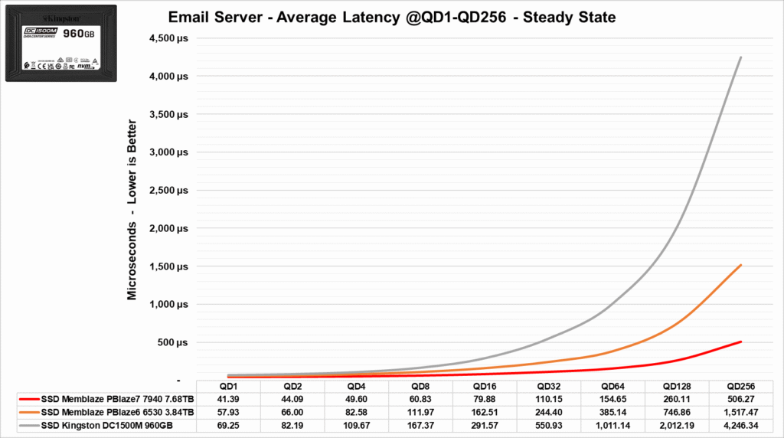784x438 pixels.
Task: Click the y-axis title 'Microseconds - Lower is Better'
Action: pos(132,209)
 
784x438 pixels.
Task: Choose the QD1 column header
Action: pos(228,387)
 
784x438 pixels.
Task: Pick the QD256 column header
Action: pos(740,387)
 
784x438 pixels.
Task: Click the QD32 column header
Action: pos(548,387)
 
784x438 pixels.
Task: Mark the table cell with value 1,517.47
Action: pos(740,412)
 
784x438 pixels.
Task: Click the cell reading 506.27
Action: pos(740,400)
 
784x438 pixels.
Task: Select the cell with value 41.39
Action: pos(228,400)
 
